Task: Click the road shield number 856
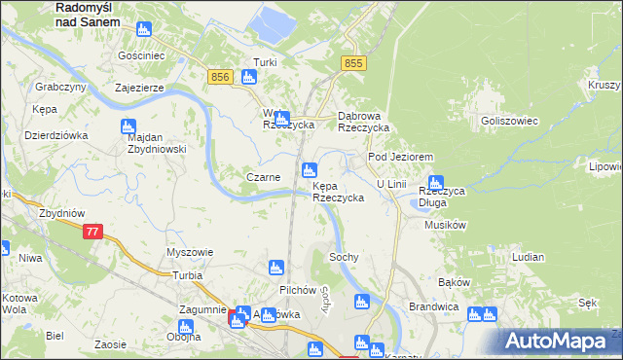pyautogui.click(x=220, y=76)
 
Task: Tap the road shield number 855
pyautogui.click(x=354, y=62)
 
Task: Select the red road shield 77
pyautogui.click(x=92, y=232)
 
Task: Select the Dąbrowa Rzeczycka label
pyautogui.click(x=363, y=121)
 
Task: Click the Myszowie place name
pyautogui.click(x=190, y=252)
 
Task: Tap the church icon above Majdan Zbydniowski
pyautogui.click(x=128, y=126)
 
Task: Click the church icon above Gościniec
pyautogui.click(x=143, y=30)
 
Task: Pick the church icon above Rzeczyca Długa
pyautogui.click(x=437, y=180)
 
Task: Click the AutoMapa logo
pyautogui.click(x=561, y=340)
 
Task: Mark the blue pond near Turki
pyautogui.click(x=269, y=19)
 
